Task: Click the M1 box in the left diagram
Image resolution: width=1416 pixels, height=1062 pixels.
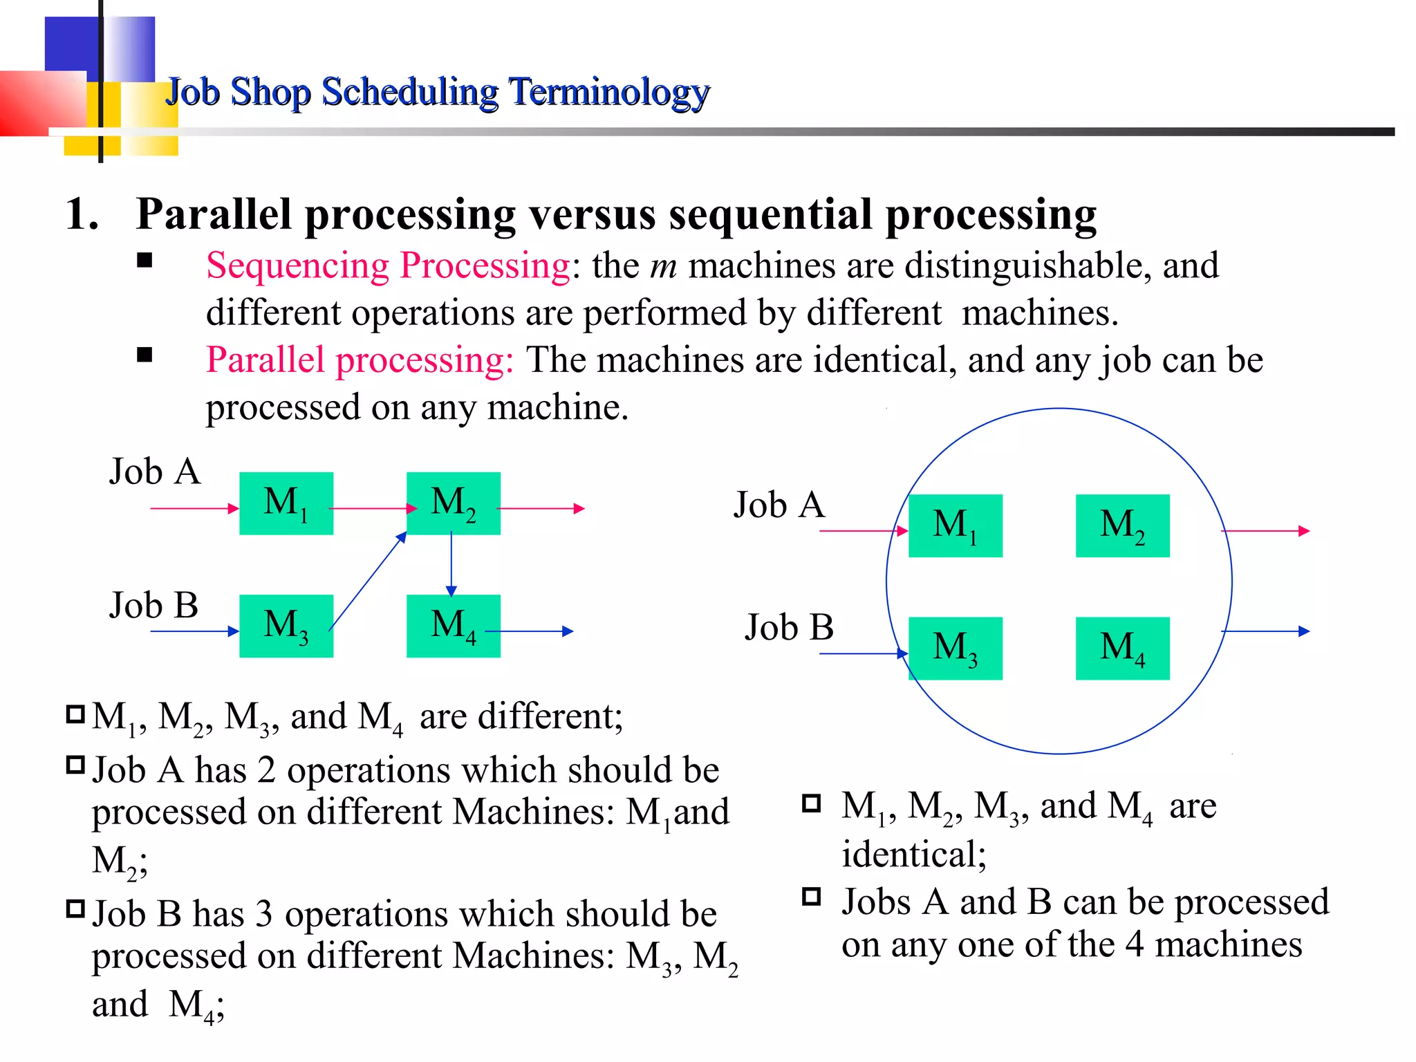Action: pyautogui.click(x=286, y=503)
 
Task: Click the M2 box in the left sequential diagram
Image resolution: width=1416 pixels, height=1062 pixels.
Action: pyautogui.click(x=453, y=503)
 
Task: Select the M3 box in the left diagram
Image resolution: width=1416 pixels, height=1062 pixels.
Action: pyautogui.click(x=286, y=626)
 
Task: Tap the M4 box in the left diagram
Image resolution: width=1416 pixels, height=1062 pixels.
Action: pyautogui.click(x=453, y=626)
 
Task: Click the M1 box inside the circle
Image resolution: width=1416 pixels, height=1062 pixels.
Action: pyautogui.click(x=955, y=525)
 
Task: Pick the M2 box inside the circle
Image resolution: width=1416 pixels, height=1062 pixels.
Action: pyautogui.click(x=1122, y=525)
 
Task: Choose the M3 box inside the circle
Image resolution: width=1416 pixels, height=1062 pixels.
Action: pyautogui.click(x=955, y=648)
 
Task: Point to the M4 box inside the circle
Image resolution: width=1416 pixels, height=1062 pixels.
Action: pyautogui.click(x=1122, y=648)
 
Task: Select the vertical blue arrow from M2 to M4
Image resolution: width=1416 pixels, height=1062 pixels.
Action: pyautogui.click(x=451, y=563)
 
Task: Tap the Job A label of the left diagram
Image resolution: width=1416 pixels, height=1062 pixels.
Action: pyautogui.click(x=155, y=472)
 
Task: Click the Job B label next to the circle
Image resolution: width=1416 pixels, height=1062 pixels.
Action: pyautogui.click(x=789, y=627)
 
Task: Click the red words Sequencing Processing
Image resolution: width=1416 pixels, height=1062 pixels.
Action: pyautogui.click(x=388, y=265)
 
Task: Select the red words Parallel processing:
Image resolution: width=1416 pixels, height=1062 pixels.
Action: pyautogui.click(x=360, y=360)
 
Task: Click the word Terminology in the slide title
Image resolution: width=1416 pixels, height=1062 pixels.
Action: pyautogui.click(x=609, y=92)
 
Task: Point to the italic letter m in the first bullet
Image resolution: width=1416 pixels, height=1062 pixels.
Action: pyautogui.click(x=663, y=267)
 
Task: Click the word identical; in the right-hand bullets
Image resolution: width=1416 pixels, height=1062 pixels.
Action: pyautogui.click(x=913, y=854)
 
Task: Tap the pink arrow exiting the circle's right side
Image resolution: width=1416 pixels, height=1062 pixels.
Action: pyautogui.click(x=1265, y=531)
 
